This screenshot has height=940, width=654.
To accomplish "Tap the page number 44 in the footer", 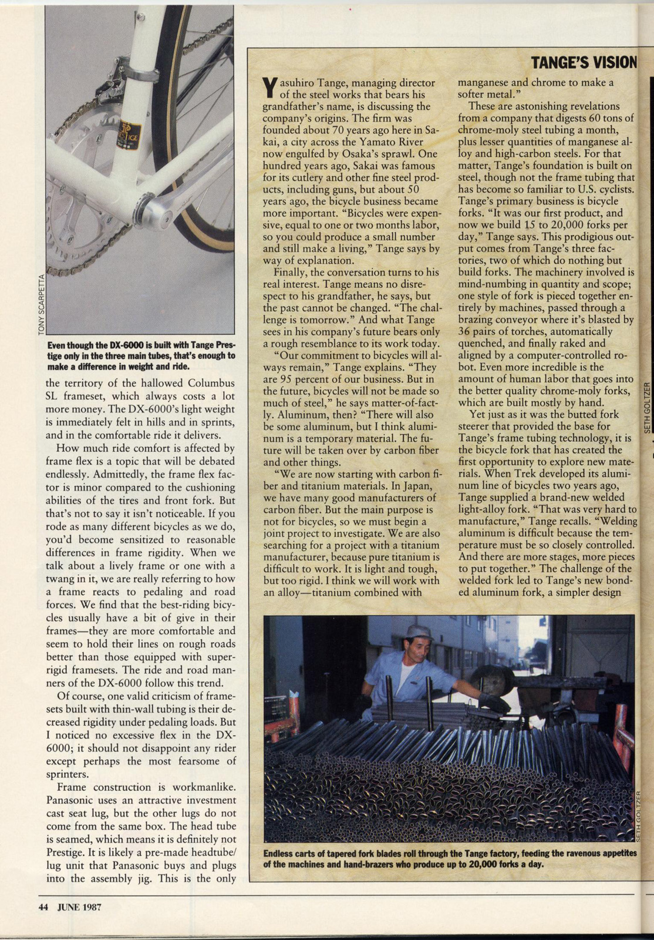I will tap(43, 907).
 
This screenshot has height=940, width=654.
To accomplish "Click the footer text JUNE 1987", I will tap(79, 907).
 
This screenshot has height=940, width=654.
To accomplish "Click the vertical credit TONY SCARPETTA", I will tap(41, 305).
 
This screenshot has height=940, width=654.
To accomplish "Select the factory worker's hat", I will tap(419, 632).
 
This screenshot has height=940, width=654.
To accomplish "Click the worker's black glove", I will tap(493, 703).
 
